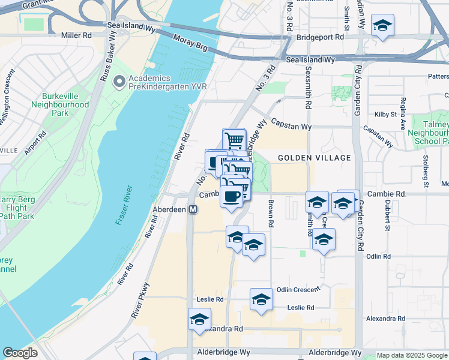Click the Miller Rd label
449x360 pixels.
click(x=76, y=35)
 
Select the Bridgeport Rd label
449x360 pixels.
click(x=320, y=37)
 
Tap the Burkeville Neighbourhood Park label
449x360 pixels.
click(x=65, y=104)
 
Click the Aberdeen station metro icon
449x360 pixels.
click(x=193, y=209)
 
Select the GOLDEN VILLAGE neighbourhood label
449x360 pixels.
click(x=314, y=158)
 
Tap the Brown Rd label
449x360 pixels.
click(x=271, y=214)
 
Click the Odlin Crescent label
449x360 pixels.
click(x=298, y=289)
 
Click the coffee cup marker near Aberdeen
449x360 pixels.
click(x=232, y=196)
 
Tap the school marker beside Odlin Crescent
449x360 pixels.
click(x=261, y=299)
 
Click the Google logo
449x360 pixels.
click(x=20, y=353)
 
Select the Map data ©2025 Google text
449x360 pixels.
click(x=412, y=355)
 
